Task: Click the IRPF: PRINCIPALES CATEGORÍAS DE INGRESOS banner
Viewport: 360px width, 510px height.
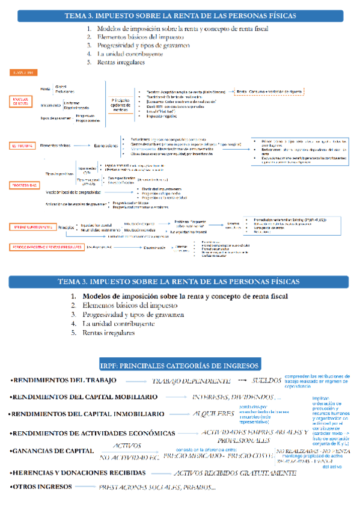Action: [x=180, y=365]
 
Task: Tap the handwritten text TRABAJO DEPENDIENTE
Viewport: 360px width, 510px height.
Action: [x=192, y=381]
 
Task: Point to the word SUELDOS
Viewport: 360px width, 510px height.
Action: [x=267, y=381]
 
